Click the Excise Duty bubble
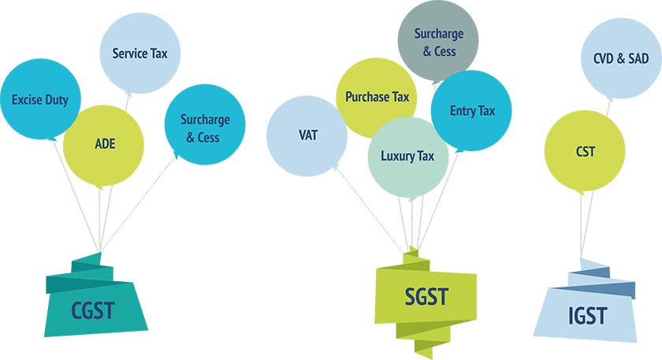pos(39,100)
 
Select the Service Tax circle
pos(140,54)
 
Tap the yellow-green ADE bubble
pos(105,143)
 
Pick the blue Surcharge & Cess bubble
pos(205,128)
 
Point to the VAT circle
pos(307,135)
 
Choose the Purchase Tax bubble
pos(377,97)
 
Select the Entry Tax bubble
pos(472,111)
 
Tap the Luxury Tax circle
pos(407,156)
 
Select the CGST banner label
pos(93,309)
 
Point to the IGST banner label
pos(587,316)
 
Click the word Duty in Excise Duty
pos(56,100)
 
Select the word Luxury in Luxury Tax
pos(398,156)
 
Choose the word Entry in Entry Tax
pos(463,111)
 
